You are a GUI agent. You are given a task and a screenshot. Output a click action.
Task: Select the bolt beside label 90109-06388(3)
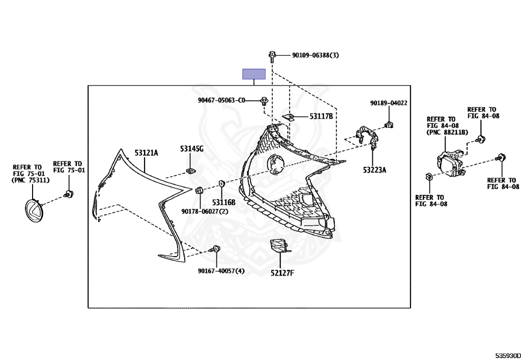[x=272, y=54]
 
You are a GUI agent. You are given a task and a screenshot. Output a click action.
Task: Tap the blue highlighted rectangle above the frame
[x=253, y=74]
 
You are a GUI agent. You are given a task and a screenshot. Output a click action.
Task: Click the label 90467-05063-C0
[x=221, y=100]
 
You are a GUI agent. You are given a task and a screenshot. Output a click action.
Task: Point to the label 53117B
[x=321, y=117]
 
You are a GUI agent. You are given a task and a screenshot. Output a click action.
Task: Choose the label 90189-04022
[x=389, y=103]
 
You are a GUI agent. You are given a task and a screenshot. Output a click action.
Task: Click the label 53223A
[x=374, y=170]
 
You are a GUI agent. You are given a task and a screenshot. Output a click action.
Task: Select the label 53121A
[x=147, y=152]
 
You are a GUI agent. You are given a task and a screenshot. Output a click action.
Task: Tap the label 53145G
[x=191, y=149]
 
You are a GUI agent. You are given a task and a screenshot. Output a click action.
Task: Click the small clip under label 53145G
[x=191, y=170]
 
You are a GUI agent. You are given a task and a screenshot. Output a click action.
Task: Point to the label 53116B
[x=224, y=202]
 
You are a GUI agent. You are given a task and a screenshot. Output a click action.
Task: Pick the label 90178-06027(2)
[x=206, y=211]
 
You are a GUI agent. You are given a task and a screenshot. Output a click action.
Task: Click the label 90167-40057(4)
[x=221, y=271]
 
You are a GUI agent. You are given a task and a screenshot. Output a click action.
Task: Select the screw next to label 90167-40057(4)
[x=215, y=249]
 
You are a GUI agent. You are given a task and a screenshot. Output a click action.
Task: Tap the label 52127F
[x=283, y=273]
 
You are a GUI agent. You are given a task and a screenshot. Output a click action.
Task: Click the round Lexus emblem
[x=35, y=210]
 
